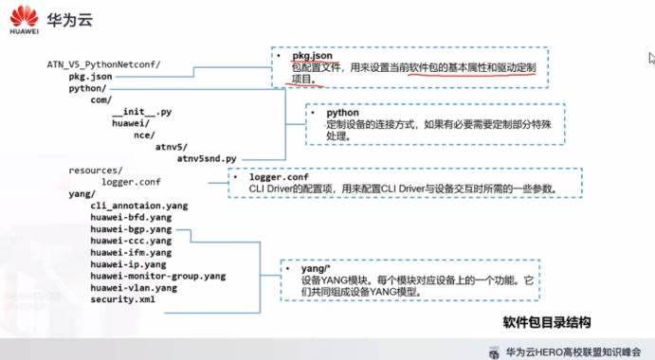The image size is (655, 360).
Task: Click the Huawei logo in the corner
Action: click(24, 20)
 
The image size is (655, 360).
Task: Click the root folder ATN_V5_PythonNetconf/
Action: click(103, 64)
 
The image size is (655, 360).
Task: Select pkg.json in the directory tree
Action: click(90, 77)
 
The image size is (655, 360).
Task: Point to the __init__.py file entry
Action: click(141, 112)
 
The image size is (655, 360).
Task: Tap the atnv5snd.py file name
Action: click(207, 159)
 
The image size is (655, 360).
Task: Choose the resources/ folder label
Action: click(95, 171)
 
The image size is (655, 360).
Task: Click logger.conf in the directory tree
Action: click(131, 182)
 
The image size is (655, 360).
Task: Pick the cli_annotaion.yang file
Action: click(139, 206)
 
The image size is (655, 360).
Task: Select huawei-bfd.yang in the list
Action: click(131, 217)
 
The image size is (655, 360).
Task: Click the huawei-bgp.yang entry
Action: click(131, 229)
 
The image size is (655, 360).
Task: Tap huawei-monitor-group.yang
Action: click(158, 276)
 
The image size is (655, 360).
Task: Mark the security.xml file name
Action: click(122, 299)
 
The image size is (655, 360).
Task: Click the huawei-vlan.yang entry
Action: click(134, 288)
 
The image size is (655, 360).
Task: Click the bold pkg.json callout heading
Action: click(312, 56)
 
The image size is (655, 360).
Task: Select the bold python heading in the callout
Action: click(342, 113)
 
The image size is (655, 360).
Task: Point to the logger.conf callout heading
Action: click(279, 177)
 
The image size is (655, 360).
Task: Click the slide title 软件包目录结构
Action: click(546, 322)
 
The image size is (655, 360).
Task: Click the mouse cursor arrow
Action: click(651, 58)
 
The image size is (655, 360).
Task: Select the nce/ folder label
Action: click(144, 135)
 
